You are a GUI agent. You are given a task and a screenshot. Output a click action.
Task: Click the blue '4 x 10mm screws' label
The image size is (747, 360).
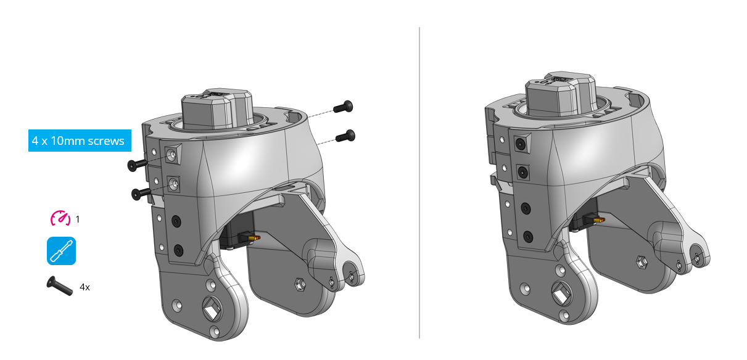pos(78,141)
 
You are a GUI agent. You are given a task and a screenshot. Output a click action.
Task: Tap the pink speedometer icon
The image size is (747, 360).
pos(60,218)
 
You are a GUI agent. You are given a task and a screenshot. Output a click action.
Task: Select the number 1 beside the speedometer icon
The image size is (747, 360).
pos(78,219)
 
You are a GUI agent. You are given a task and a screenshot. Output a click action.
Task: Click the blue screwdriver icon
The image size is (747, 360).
pos(61,251)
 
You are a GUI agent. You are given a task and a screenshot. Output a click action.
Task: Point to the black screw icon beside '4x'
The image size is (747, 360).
pos(59,285)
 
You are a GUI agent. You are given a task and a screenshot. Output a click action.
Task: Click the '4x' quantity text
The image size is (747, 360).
pos(85,287)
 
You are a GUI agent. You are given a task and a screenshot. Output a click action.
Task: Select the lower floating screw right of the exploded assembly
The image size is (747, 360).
pos(345,135)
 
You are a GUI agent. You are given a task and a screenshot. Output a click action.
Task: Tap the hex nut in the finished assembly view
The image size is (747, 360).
pos(641,262)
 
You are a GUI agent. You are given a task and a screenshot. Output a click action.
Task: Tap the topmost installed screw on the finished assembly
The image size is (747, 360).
pos(522,143)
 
